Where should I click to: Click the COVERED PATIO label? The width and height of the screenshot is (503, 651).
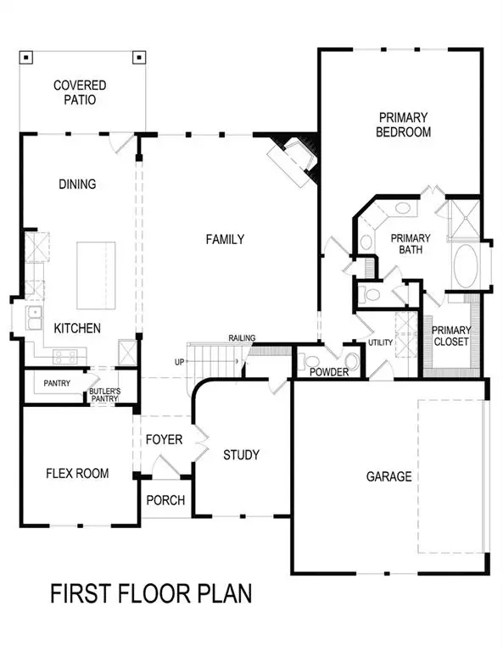(80, 92)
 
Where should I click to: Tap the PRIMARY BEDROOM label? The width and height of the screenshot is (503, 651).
(405, 125)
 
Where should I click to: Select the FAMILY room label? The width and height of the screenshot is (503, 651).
(225, 240)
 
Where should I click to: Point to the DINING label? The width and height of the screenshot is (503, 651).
(77, 184)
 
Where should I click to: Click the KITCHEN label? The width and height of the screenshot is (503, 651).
(78, 328)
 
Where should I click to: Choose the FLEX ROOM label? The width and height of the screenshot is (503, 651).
(77, 473)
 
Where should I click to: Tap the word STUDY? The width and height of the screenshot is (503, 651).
(241, 455)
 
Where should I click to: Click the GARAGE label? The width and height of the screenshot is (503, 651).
(389, 476)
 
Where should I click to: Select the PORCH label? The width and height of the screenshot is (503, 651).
(165, 500)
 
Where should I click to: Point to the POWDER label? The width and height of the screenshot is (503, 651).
(330, 372)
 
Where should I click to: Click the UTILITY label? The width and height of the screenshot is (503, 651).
(379, 342)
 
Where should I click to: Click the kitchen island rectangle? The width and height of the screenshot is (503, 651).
(96, 275)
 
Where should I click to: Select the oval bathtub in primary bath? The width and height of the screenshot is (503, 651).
(466, 266)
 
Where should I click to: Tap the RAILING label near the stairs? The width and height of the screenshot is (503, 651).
(242, 338)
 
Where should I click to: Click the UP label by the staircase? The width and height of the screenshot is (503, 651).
(179, 362)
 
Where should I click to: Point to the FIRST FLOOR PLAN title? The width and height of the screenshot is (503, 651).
(151, 593)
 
